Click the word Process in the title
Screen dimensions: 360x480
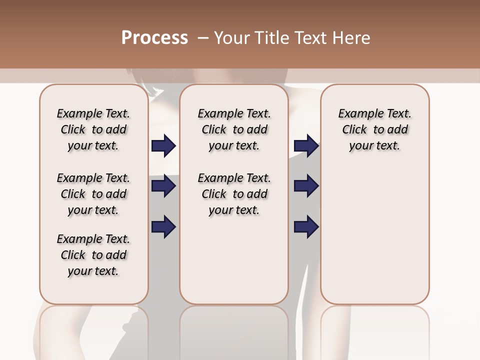154,38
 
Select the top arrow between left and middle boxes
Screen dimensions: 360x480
163,145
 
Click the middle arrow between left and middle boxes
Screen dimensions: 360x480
163,186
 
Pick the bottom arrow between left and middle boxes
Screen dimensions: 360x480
163,226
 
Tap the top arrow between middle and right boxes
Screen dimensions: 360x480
306,145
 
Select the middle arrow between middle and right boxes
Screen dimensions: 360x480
306,186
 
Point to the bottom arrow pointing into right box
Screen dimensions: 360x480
306,226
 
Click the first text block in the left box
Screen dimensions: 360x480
93,129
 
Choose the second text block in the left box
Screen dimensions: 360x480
93,194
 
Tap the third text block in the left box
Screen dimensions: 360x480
93,255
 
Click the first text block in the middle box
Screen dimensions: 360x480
234,129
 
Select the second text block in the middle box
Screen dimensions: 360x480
234,194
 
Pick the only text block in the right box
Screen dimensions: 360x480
374,129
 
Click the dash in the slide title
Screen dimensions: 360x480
203,38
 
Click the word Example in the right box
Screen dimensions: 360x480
358,114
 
